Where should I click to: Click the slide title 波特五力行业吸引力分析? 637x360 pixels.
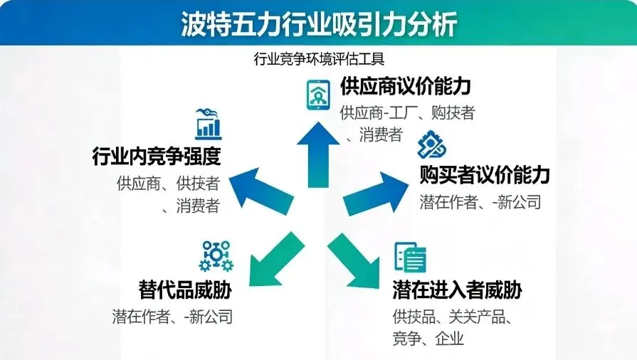click(318, 24)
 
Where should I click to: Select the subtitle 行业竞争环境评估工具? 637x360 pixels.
click(318, 58)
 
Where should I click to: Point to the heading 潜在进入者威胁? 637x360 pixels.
click(457, 290)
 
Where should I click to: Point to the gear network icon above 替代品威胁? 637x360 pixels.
click(216, 256)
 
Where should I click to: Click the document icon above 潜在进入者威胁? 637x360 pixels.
click(410, 257)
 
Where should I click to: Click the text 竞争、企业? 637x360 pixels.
click(428, 338)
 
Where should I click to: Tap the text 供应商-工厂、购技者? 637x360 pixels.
click(407, 112)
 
